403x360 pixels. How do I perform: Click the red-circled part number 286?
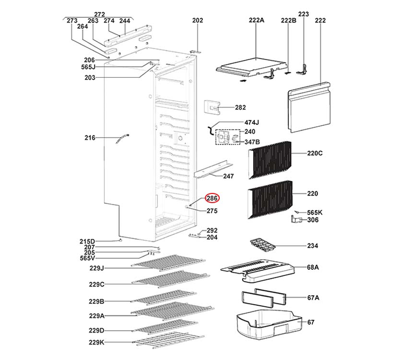(212, 198)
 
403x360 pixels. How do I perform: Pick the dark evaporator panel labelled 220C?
(270, 158)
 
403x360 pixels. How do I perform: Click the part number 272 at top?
(99, 14)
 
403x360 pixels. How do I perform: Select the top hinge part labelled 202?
(197, 50)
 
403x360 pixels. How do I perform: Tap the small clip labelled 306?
(297, 220)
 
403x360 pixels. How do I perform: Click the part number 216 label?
(90, 138)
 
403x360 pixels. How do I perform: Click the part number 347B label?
(252, 142)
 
